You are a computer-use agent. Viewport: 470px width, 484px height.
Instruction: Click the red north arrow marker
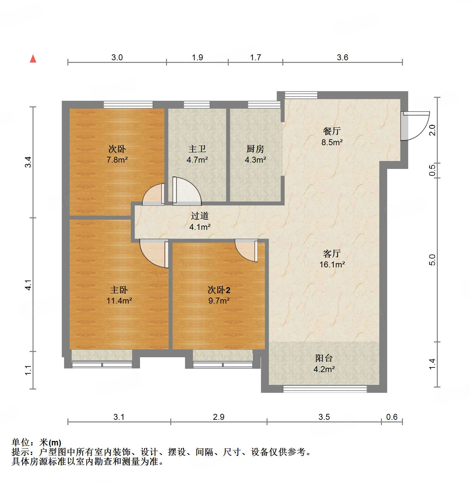pos(33,59)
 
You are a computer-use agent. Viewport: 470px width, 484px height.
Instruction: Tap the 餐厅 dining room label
pos(332,131)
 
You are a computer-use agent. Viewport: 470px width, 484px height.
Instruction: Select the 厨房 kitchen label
pos(255,149)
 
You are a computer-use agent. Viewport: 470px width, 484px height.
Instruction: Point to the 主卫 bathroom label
pos(197,149)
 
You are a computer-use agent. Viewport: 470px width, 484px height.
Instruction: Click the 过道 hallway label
pos(200,216)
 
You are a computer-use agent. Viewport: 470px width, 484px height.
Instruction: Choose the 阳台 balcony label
pos(324,358)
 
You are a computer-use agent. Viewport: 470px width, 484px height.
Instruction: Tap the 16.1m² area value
pos(332,264)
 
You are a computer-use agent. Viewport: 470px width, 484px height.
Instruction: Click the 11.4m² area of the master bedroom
pos(119,301)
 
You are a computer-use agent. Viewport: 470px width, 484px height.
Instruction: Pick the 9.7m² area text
pos(219,301)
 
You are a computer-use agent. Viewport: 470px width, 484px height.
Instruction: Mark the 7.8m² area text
pos(117,160)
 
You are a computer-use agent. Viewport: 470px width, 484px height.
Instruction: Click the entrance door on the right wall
pos(415,126)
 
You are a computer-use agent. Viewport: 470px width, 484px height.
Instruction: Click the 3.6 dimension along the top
pos(342,58)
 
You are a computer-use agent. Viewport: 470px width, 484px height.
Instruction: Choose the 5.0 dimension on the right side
pos(433,260)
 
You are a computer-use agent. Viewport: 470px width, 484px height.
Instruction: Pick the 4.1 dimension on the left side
pos(29,285)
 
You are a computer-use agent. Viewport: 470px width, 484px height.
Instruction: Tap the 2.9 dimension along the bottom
pos(219,417)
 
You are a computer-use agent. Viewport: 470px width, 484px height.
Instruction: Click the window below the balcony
pos(325,389)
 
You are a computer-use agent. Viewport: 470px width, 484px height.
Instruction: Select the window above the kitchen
pos(264,105)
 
